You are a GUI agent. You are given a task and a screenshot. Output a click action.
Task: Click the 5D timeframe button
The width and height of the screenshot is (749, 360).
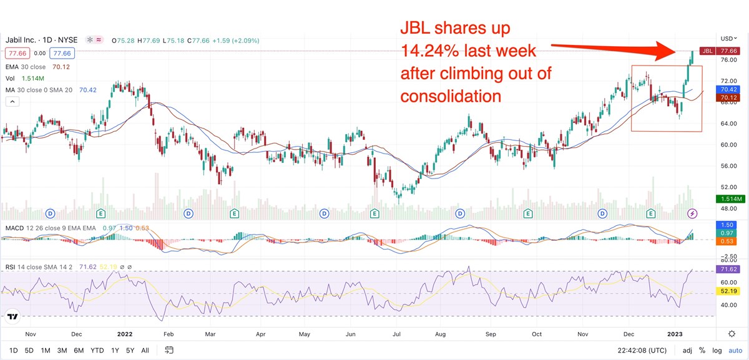click(29, 350)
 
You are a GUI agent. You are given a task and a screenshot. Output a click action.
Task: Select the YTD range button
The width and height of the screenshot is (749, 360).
click(97, 350)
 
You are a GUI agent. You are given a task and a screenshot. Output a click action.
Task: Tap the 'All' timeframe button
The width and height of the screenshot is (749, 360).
click(145, 350)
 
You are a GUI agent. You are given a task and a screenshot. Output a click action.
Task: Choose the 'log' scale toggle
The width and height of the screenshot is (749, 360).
click(718, 350)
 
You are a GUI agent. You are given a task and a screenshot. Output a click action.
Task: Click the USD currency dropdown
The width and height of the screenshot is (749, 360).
click(728, 38)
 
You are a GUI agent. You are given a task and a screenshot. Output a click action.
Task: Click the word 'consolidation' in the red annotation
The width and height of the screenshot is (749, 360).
click(451, 96)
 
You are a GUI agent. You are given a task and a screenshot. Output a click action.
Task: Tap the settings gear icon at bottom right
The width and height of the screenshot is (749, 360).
click(732, 334)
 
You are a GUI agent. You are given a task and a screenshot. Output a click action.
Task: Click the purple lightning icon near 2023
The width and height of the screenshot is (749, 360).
click(692, 214)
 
